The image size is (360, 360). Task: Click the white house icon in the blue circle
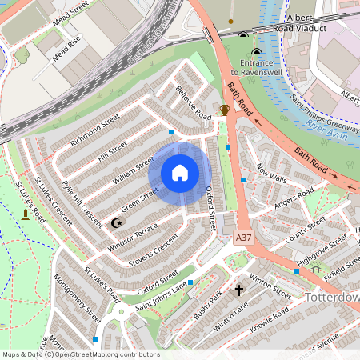point(180,173)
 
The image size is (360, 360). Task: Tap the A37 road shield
point(244,238)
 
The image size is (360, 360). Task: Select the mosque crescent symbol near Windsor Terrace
point(116,223)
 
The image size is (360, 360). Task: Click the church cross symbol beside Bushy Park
point(238,290)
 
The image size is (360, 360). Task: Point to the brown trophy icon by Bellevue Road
point(225,110)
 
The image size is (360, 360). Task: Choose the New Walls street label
point(272,172)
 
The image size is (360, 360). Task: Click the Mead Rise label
point(67,50)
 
